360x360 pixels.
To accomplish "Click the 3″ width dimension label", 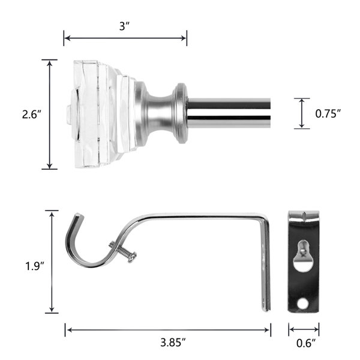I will point(125,27).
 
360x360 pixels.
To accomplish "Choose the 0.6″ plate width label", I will point(304,343).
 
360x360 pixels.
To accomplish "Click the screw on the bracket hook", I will point(123,251).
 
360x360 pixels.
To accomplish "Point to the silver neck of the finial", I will point(159,113).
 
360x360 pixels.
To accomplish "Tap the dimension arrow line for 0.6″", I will point(304,329).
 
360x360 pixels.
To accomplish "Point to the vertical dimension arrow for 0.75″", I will point(302,113).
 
